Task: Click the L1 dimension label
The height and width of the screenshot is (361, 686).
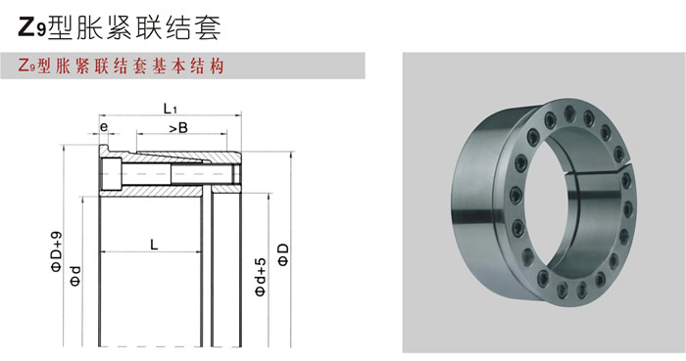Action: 171,109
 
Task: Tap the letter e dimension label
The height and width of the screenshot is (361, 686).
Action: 104,127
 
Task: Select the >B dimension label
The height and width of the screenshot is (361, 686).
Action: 178,128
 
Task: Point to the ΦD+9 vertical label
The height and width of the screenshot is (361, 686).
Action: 57,251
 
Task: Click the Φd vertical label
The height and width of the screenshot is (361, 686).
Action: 75,276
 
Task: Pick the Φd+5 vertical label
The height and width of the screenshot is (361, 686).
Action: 261,277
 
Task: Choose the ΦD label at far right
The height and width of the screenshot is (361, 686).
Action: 284,255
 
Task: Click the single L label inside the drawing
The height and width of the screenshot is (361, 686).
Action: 154,245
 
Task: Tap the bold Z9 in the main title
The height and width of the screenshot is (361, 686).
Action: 32,26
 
